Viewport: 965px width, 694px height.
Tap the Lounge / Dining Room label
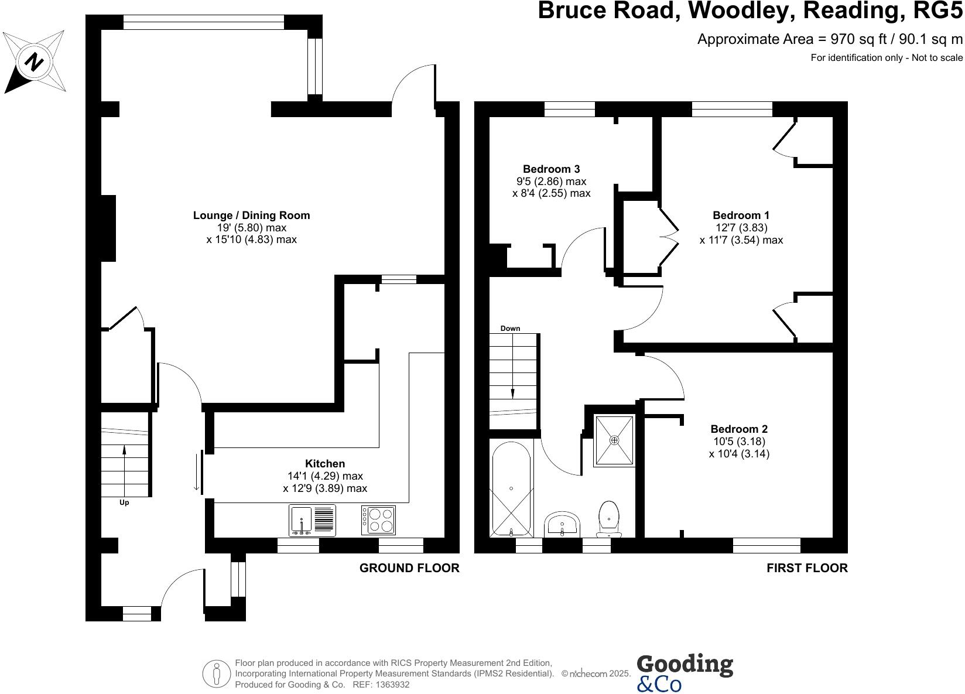tap(251, 216)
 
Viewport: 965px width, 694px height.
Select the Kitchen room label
tap(324, 463)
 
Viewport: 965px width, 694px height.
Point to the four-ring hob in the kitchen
tap(378, 520)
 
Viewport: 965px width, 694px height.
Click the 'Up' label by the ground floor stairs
tap(124, 502)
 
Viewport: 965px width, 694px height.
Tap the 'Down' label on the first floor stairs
tap(510, 329)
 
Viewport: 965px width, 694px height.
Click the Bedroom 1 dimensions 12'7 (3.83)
tap(741, 228)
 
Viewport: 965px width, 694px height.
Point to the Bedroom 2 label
tap(738, 429)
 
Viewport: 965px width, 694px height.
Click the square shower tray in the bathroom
tap(614, 440)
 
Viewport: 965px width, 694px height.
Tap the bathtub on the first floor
tap(511, 489)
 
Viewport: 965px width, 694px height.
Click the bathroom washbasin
tap(562, 523)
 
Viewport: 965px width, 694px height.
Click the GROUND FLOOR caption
tap(409, 567)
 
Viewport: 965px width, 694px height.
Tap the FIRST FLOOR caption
tap(806, 567)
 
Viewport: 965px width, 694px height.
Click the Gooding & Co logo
tap(684, 673)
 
